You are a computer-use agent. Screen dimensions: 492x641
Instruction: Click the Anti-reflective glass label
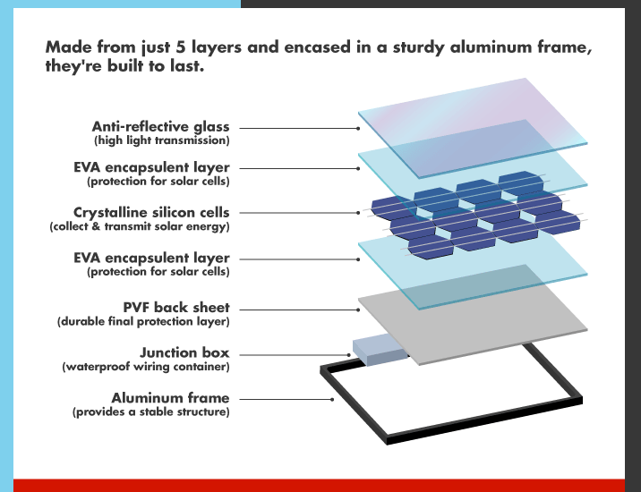[x=160, y=127]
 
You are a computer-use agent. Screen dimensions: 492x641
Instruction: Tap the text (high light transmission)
[x=161, y=140]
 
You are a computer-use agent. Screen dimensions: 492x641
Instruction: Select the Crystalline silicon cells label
[x=151, y=213]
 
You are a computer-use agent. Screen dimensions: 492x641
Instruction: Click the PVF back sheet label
[x=176, y=308]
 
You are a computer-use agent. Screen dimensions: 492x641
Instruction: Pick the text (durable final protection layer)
[x=143, y=321]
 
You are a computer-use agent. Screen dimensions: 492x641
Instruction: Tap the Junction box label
[x=184, y=352]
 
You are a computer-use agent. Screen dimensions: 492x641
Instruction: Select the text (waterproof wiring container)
[x=146, y=367]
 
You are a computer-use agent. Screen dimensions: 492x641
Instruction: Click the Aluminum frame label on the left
[x=170, y=398]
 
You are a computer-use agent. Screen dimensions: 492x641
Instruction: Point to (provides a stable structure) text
[x=150, y=412]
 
